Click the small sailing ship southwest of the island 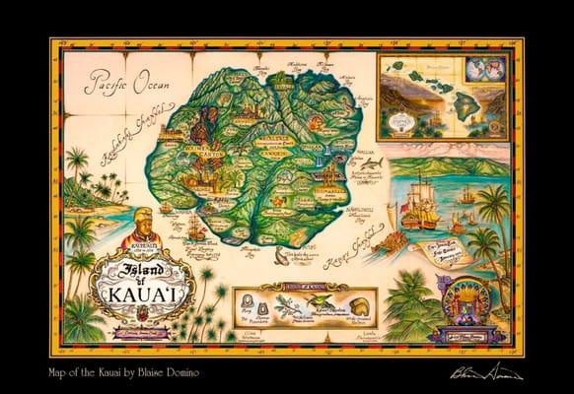[x=194, y=232]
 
